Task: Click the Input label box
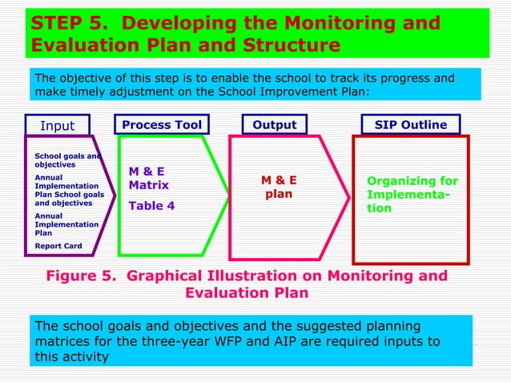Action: point(57,126)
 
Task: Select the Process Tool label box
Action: point(162,125)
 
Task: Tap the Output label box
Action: point(275,125)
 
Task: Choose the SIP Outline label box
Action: point(410,125)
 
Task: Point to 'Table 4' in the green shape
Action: point(151,205)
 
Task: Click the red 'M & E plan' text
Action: point(280,187)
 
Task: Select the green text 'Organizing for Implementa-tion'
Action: point(412,195)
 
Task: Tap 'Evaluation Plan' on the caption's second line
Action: point(247,293)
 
